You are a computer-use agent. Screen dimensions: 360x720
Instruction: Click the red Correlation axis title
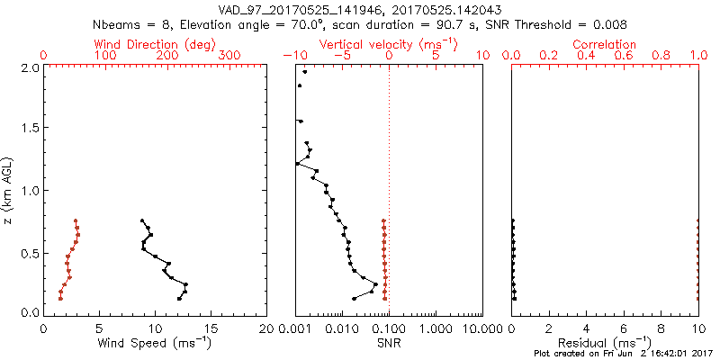(x=605, y=44)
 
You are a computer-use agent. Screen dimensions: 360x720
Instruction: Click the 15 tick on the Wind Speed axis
(x=211, y=328)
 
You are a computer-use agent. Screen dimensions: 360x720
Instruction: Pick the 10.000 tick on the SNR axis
(x=481, y=328)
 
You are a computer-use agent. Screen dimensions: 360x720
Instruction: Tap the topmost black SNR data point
(x=305, y=72)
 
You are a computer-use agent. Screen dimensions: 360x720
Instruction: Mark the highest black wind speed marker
(x=141, y=220)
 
